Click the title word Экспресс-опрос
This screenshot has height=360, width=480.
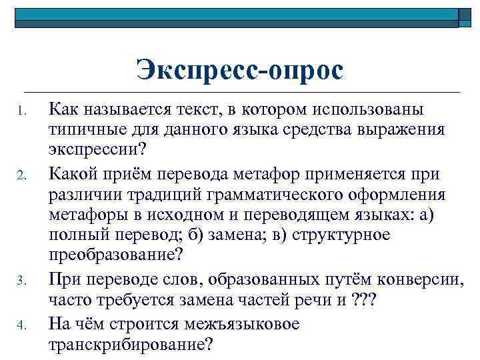click(239, 70)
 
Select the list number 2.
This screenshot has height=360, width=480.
click(21, 177)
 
